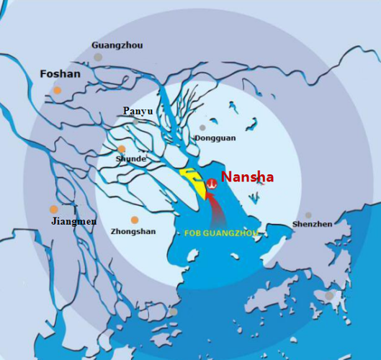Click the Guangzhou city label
coord(117,45)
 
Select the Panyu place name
coord(138,110)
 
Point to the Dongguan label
coord(212,138)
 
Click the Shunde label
coord(131,158)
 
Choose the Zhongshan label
coord(133,232)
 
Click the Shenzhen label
coord(313,224)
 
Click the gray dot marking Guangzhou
coord(98,57)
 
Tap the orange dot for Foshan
coord(57,90)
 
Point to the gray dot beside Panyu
coord(135,122)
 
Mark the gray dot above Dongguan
coord(202,127)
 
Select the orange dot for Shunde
coord(121,149)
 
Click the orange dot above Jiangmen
coord(53,210)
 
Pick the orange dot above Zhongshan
coord(134,220)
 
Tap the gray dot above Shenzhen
coord(308,215)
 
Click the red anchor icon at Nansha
coord(212,184)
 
